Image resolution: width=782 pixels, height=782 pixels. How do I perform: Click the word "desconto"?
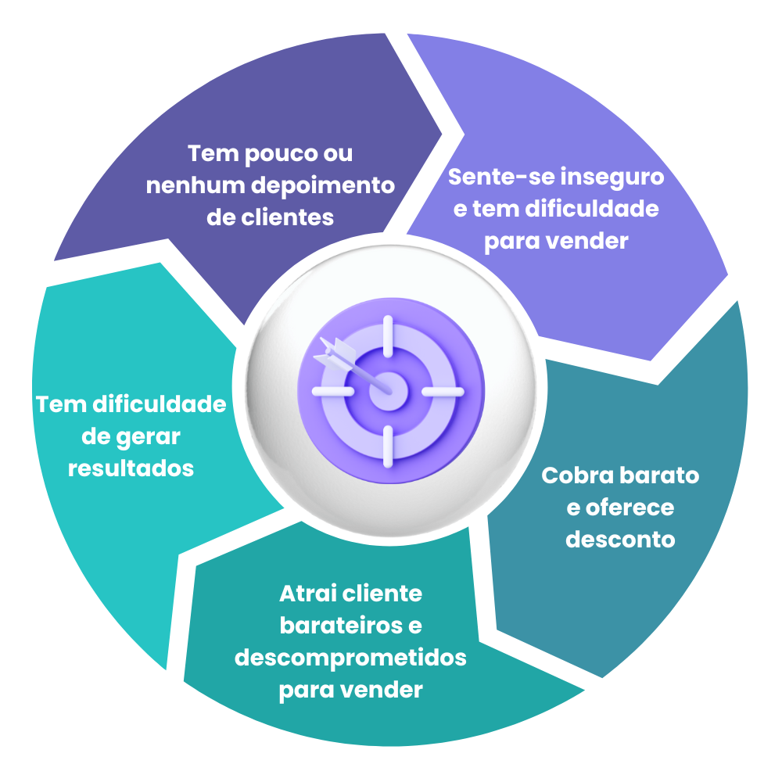[x=620, y=540]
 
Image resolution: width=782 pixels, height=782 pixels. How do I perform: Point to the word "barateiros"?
[x=342, y=626]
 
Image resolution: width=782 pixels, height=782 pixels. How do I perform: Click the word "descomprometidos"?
[x=350, y=658]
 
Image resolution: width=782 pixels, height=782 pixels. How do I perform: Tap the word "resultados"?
[x=131, y=468]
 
